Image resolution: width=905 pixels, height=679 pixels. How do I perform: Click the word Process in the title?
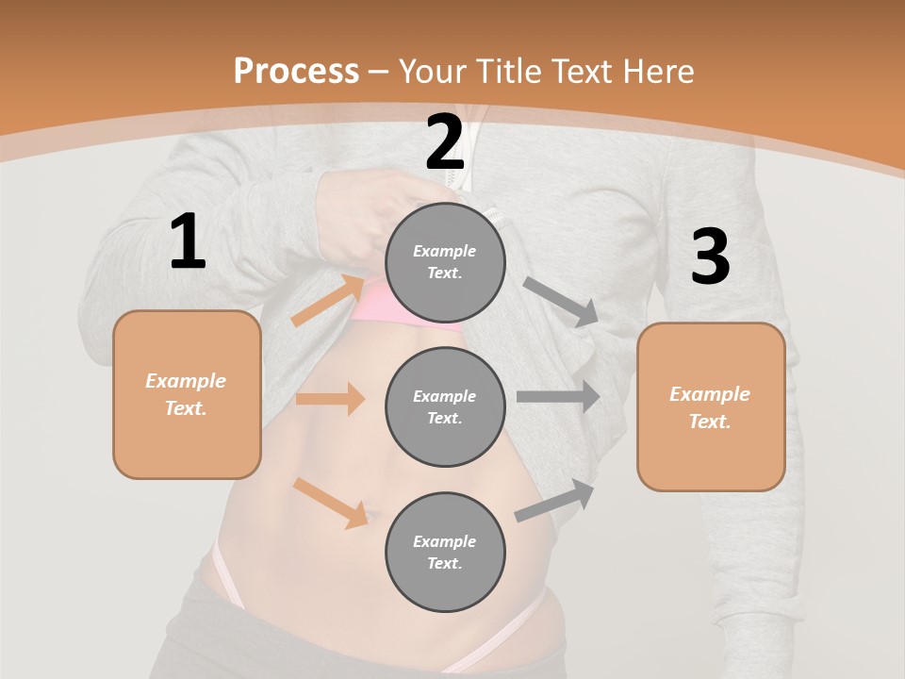pos(296,71)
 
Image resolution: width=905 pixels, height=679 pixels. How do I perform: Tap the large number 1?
pos(188,241)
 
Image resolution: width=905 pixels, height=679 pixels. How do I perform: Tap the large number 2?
pos(445,142)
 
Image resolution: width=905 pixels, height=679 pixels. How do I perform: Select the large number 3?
pos(710,257)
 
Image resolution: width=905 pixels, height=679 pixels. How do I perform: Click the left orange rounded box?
pos(187,394)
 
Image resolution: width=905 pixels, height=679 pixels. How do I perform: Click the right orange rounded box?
pos(711,407)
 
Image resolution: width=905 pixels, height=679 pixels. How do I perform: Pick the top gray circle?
pos(445,262)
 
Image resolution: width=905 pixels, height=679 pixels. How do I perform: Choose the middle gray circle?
pos(445,406)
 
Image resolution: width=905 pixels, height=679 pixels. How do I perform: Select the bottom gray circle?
pos(445,552)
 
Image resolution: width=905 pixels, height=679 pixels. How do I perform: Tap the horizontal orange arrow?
pos(330,399)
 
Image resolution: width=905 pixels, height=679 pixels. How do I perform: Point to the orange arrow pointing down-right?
pos(331,503)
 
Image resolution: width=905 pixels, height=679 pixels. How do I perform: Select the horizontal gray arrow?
pos(558,397)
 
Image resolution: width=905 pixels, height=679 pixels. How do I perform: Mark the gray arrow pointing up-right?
pos(555,501)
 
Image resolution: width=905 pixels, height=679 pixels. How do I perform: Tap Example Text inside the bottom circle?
pos(445,552)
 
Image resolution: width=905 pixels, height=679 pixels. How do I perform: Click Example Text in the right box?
pos(710,407)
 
